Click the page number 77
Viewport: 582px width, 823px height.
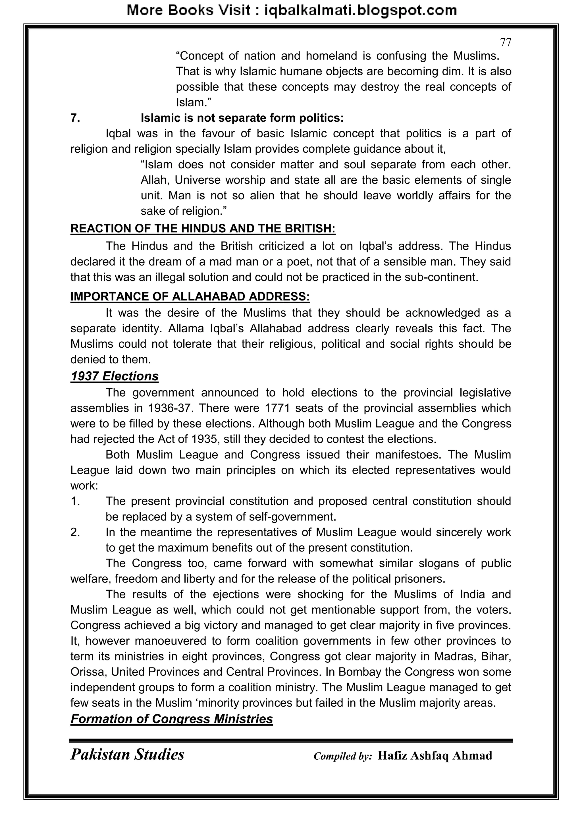tap(505, 42)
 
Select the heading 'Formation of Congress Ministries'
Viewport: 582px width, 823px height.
tap(172, 719)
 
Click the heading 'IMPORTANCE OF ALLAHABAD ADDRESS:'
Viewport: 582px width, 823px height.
tap(190, 297)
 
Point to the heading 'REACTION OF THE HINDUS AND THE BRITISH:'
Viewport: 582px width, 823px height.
tap(203, 228)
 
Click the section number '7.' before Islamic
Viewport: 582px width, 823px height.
tap(75, 118)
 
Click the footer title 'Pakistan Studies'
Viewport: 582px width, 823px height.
tap(127, 754)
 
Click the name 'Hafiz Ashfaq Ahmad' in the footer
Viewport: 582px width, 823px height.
tap(435, 756)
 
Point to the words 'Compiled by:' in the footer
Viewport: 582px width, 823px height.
tap(343, 756)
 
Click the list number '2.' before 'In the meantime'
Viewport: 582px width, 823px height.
tap(75, 532)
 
